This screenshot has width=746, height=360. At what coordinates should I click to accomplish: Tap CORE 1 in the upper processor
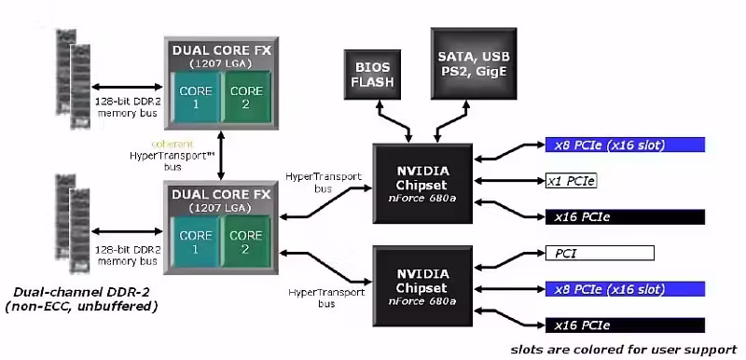pos(194,97)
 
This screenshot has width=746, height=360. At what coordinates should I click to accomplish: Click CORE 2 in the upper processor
pos(247,97)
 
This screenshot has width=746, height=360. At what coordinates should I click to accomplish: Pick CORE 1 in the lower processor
pos(194,242)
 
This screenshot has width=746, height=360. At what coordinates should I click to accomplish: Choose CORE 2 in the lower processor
pos(247,242)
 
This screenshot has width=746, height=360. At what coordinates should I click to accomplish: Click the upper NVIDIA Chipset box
pos(422,183)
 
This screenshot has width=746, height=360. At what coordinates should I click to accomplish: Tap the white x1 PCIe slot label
pos(570,180)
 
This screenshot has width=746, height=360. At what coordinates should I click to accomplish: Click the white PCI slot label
pos(599,253)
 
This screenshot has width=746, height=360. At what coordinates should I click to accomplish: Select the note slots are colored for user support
pos(624,348)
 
